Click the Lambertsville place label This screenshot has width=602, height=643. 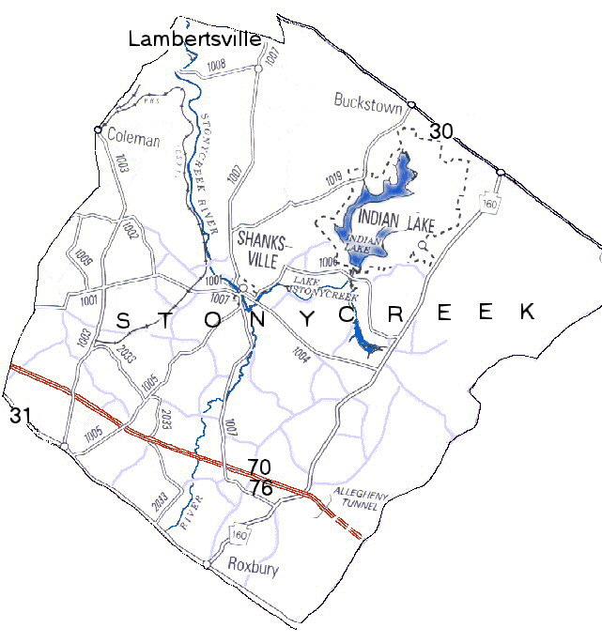193,38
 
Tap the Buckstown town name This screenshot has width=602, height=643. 368,100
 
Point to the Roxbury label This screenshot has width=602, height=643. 254,567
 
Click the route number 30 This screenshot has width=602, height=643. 441,131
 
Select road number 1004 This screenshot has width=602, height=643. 302,354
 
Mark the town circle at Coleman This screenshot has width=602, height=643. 98,129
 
